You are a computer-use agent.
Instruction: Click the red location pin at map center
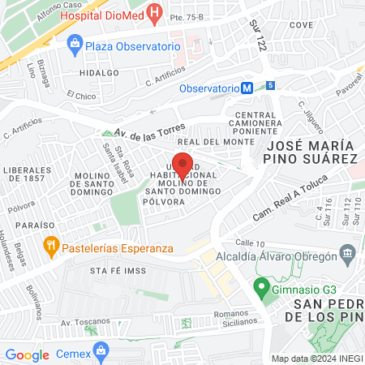182,164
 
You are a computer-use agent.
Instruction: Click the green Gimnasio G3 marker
261,287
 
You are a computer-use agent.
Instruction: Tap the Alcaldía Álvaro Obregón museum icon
349,255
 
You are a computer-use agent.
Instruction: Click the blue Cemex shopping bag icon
101,350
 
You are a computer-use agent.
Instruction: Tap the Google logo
27,355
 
